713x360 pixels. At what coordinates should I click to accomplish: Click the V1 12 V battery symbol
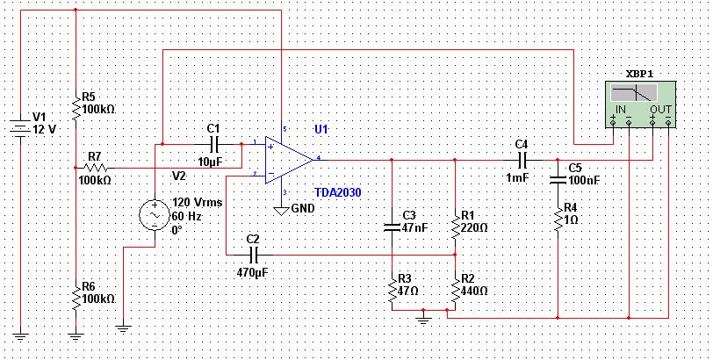pyautogui.click(x=20, y=129)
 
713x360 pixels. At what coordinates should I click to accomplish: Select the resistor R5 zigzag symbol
pyautogui.click(x=75, y=109)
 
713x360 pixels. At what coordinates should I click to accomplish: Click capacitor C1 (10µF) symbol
pyautogui.click(x=214, y=145)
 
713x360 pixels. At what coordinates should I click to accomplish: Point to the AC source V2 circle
pyautogui.click(x=155, y=215)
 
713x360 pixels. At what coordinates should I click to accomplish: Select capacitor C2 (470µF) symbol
pyautogui.click(x=254, y=255)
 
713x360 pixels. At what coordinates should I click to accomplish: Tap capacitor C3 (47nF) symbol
pyautogui.click(x=392, y=227)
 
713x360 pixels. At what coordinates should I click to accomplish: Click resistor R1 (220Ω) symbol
pyautogui.click(x=455, y=227)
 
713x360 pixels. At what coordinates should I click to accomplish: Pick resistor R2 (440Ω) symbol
pyautogui.click(x=455, y=291)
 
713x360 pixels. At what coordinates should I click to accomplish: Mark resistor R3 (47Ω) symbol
pyautogui.click(x=392, y=291)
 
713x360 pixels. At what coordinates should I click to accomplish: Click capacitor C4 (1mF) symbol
pyautogui.click(x=522, y=160)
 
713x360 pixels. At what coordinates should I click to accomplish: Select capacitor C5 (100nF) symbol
pyautogui.click(x=558, y=179)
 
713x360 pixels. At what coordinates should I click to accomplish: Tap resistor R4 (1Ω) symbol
pyautogui.click(x=558, y=221)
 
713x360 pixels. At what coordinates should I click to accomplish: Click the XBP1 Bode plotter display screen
pyautogui.click(x=634, y=93)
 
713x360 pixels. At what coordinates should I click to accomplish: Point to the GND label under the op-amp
pyautogui.click(x=303, y=209)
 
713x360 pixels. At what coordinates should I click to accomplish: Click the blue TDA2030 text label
pyautogui.click(x=338, y=192)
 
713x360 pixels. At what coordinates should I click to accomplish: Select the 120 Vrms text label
pyautogui.click(x=197, y=203)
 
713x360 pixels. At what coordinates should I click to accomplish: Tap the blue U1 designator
pyautogui.click(x=321, y=129)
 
